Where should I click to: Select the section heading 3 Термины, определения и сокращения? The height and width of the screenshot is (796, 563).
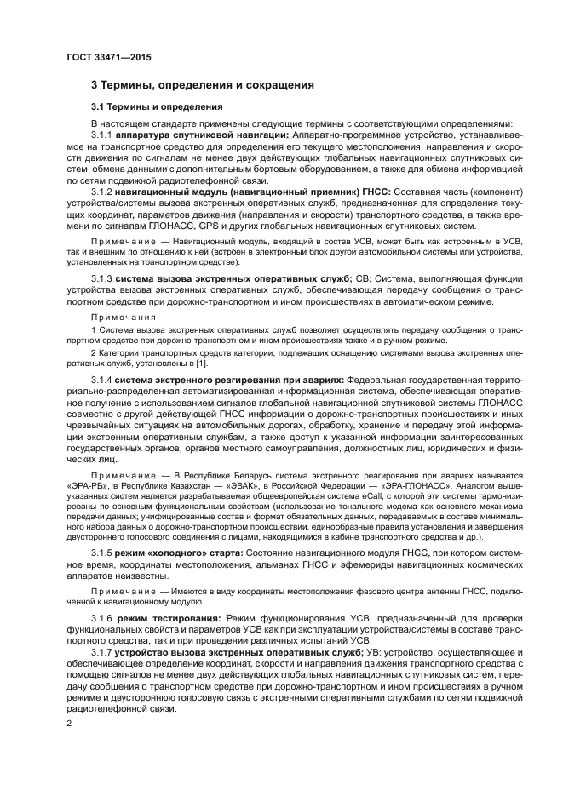[203, 85]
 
